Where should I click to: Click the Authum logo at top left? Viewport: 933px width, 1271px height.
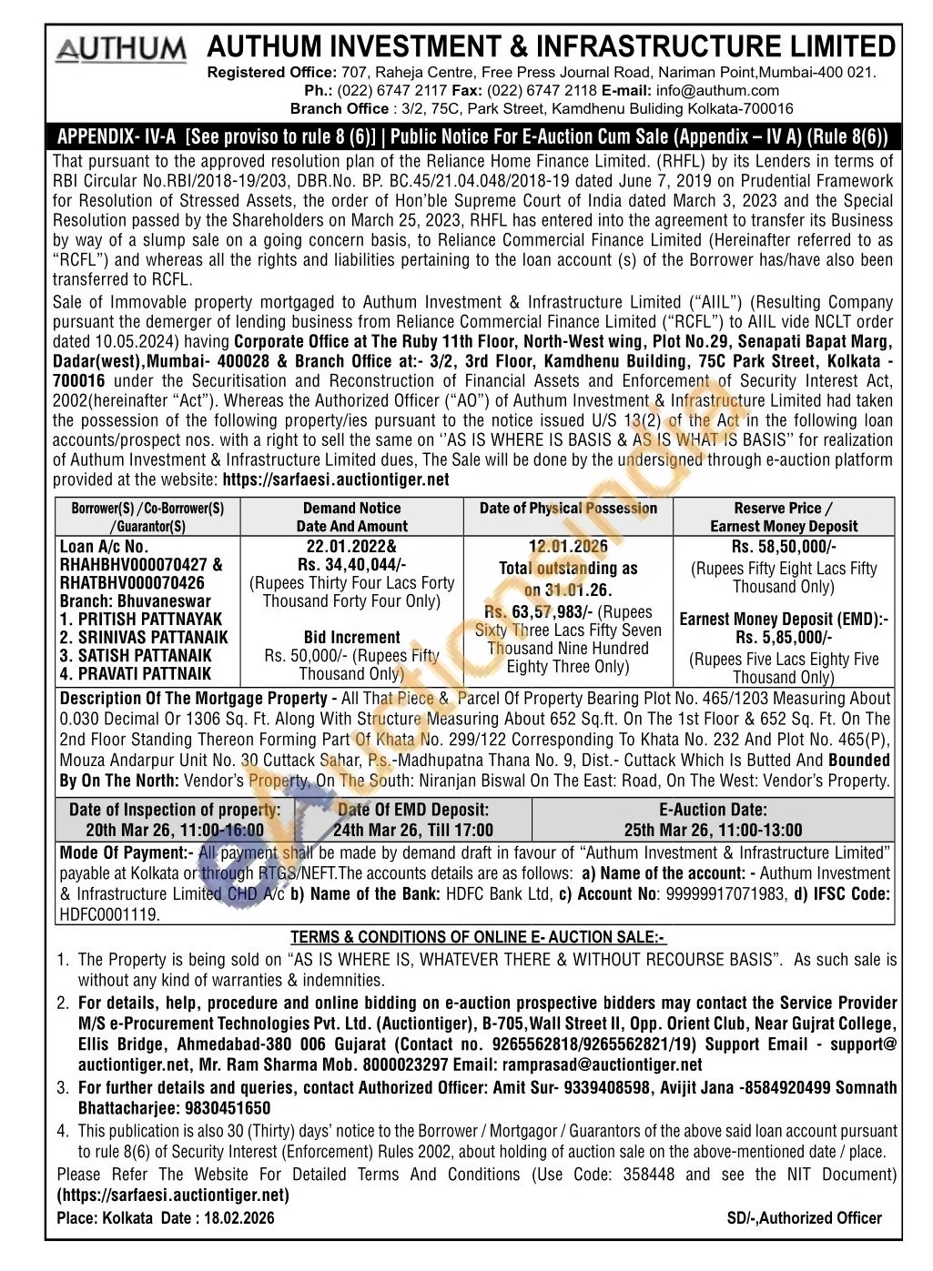click(x=121, y=49)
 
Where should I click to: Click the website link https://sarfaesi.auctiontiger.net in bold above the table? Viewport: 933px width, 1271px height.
click(x=336, y=479)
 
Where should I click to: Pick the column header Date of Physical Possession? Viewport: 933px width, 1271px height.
click(x=568, y=509)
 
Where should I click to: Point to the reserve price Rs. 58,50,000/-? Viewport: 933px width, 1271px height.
click(x=784, y=547)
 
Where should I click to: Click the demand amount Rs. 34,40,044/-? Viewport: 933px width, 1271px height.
click(x=351, y=565)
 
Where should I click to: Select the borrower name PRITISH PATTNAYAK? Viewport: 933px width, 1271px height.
click(x=141, y=620)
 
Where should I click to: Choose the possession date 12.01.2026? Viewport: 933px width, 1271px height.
click(x=568, y=547)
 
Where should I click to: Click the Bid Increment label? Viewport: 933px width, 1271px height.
click(x=351, y=638)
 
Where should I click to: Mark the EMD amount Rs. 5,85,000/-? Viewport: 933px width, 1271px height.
click(x=784, y=638)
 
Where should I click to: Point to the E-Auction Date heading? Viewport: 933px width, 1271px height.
click(x=713, y=810)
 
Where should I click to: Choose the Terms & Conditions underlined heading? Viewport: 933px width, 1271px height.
click(x=478, y=937)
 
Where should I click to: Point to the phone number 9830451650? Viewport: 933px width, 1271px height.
click(x=228, y=1108)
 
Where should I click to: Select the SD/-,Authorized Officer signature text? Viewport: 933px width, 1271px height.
click(x=805, y=1218)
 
